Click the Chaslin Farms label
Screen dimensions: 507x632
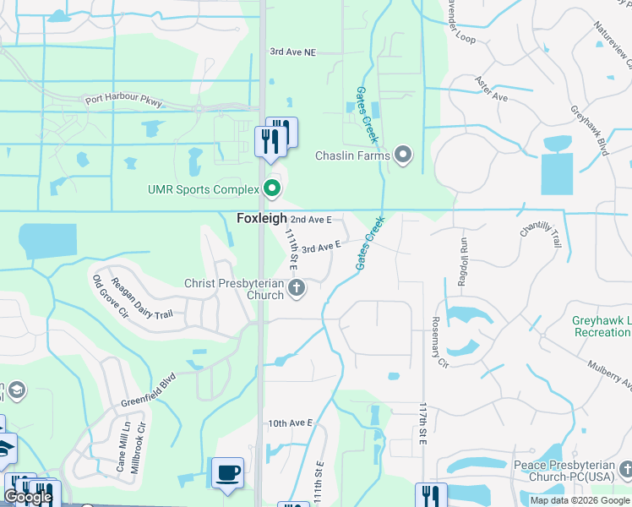(352, 155)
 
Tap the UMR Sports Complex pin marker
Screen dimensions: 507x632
(272, 188)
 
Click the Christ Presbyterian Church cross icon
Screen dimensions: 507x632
(296, 289)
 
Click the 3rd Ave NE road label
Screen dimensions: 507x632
(292, 52)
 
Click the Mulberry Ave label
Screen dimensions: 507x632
(611, 372)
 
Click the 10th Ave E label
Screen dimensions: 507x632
(291, 422)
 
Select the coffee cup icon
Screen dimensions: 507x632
(227, 472)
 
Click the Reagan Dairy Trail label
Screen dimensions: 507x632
(141, 302)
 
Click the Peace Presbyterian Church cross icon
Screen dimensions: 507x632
(624, 467)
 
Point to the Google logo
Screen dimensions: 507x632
(28, 498)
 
